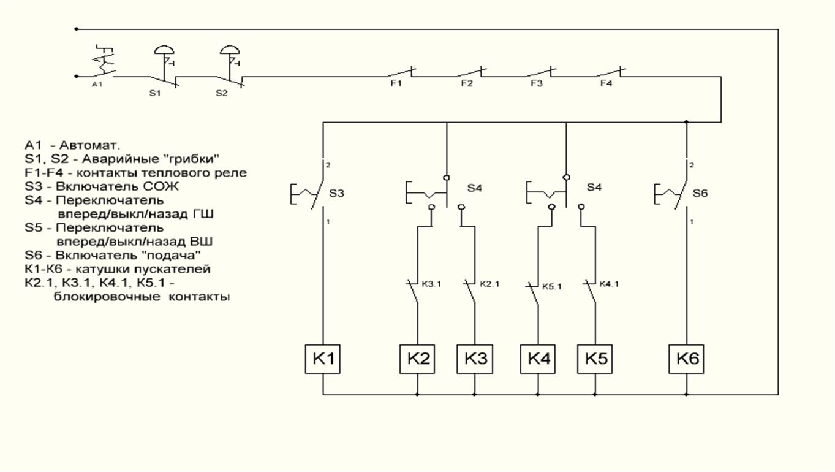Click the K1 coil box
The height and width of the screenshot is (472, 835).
point(323,359)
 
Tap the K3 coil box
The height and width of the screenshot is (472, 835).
point(474,359)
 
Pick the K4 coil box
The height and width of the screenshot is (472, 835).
point(538,359)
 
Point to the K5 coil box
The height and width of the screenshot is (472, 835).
point(594,359)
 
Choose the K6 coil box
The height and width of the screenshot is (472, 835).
point(686,359)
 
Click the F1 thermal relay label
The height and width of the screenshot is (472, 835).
point(396,84)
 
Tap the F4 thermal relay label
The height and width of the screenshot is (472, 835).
point(605,84)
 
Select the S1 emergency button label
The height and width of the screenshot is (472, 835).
point(154,93)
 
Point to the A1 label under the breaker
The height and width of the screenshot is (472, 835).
point(97,84)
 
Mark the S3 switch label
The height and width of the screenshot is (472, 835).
point(337,193)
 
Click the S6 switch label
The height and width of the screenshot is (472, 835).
point(700,193)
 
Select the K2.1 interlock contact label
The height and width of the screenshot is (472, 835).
point(489,284)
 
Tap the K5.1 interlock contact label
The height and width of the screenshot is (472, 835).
point(553,285)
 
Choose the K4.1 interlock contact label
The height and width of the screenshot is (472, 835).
point(609,284)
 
